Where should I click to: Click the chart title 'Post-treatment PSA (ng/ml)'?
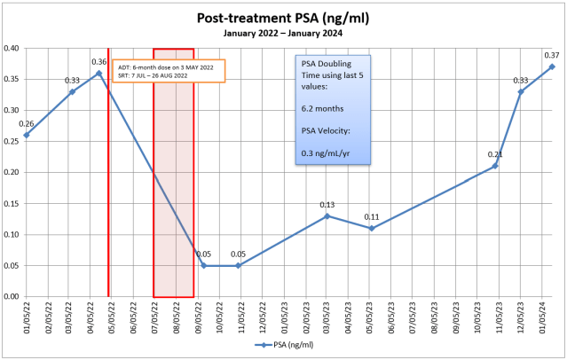point(283,17)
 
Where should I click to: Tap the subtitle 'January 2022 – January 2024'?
point(283,33)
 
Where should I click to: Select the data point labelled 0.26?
point(27,135)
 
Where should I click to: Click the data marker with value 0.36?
point(99,73)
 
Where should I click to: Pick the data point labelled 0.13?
point(327,215)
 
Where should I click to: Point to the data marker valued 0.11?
point(372,228)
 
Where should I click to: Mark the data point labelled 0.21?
point(495,166)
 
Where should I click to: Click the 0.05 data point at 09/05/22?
point(203,265)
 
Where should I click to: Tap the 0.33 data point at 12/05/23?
point(521,91)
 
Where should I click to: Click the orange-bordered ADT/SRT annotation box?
point(169,71)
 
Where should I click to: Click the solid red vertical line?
point(108,177)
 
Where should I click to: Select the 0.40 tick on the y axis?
point(12,49)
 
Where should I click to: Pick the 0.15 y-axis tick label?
point(12,203)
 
